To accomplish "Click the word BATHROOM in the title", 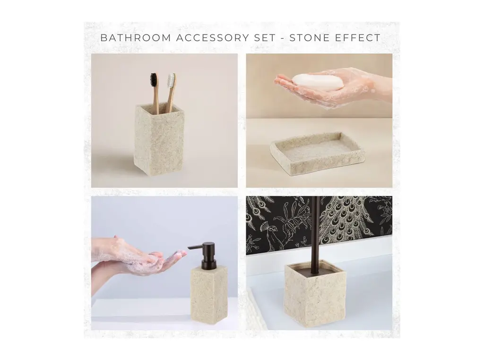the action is pos(136,38).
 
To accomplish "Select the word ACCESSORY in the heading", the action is pos(210,38).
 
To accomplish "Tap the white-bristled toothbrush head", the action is pos(171,80).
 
